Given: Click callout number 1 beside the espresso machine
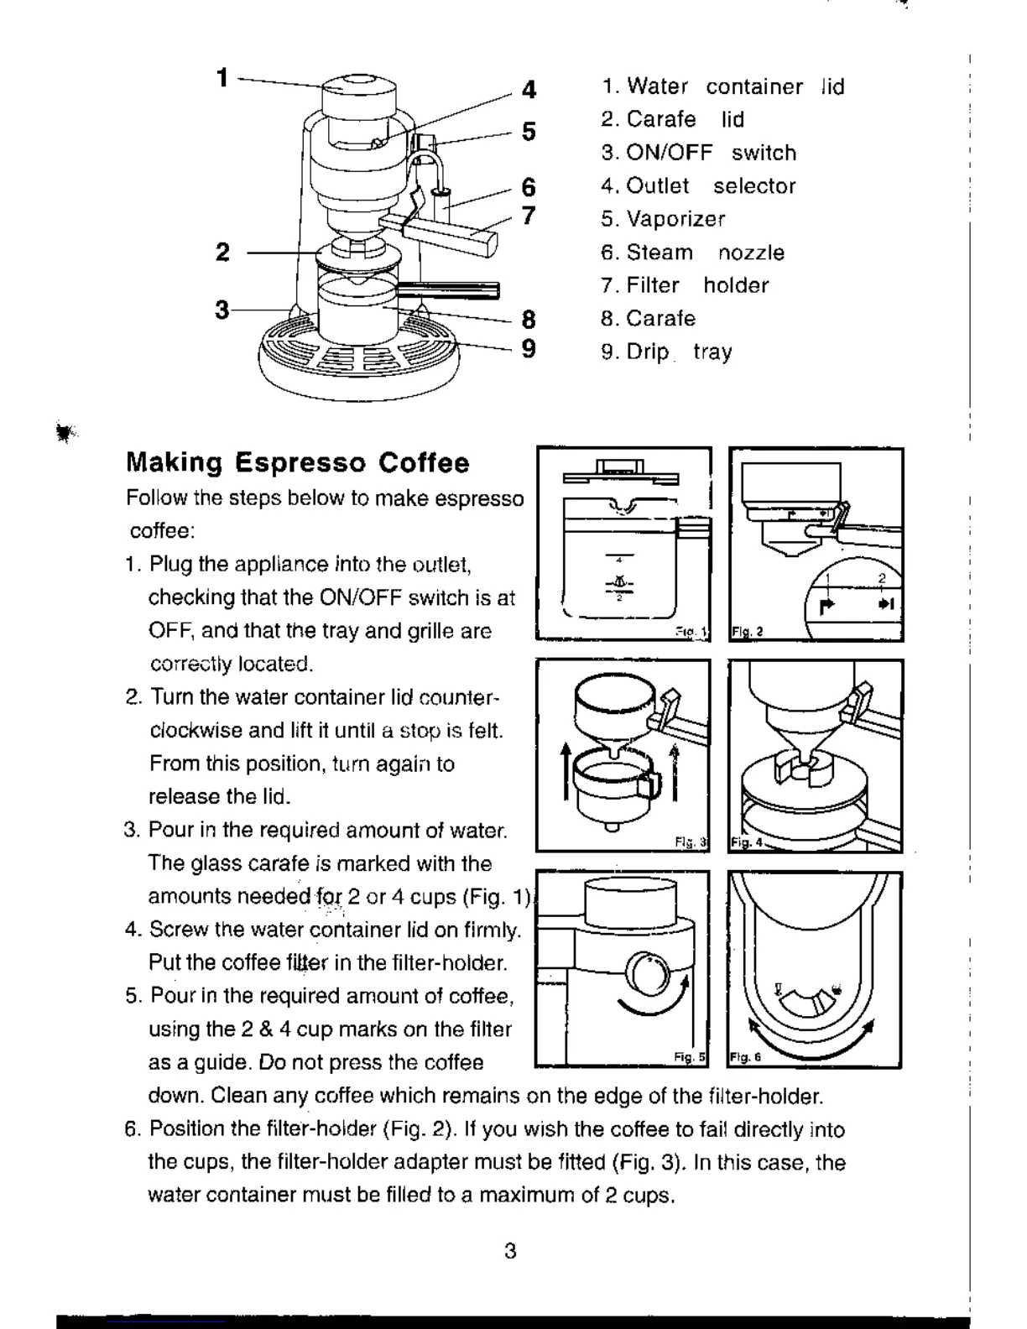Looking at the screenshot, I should click(x=222, y=78).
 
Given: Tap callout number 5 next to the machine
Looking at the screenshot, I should click(x=529, y=132).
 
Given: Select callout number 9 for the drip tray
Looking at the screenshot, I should click(x=529, y=348).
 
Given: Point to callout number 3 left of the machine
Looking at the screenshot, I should click(x=222, y=310).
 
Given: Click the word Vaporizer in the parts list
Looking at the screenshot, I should click(x=675, y=220).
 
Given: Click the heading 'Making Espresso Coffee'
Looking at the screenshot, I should click(x=298, y=463).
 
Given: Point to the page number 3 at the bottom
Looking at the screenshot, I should click(x=510, y=1252).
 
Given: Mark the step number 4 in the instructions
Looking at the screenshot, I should click(x=131, y=930).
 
